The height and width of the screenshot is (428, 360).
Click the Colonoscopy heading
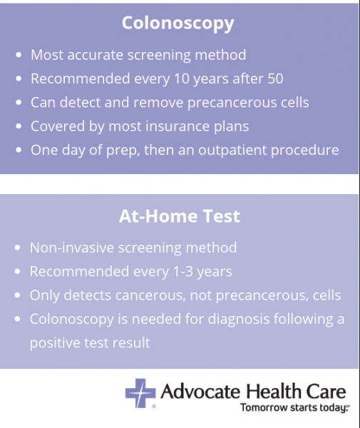pyautogui.click(x=178, y=23)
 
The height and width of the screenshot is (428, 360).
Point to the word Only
pyautogui.click(x=45, y=295)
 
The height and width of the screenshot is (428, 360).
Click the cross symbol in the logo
pyautogui.click(x=140, y=393)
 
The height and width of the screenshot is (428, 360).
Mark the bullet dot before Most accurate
pyautogui.click(x=18, y=55)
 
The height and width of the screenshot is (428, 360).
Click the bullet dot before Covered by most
pyautogui.click(x=18, y=126)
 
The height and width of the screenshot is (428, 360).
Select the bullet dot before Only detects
pyautogui.click(x=18, y=295)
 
